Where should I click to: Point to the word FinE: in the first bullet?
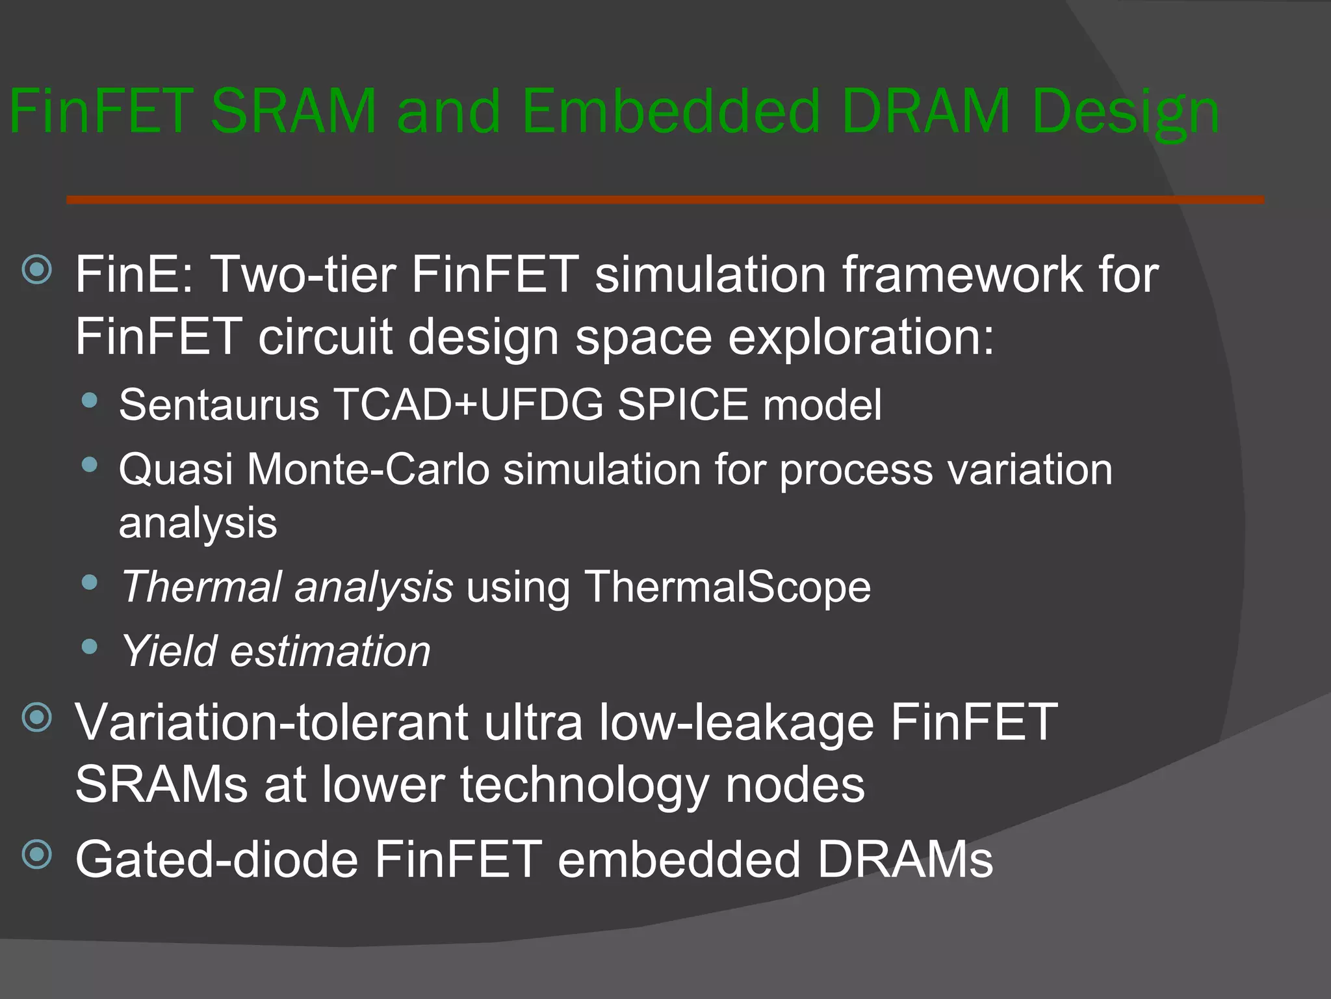pos(135,274)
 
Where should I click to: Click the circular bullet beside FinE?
pos(37,269)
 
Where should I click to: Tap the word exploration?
pos(860,337)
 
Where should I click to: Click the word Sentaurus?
pos(219,405)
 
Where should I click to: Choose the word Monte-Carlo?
pos(368,470)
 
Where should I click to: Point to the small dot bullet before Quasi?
pos(90,464)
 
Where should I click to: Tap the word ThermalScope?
pos(727,587)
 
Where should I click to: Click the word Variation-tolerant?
pos(272,723)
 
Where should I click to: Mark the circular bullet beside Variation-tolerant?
pos(37,718)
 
